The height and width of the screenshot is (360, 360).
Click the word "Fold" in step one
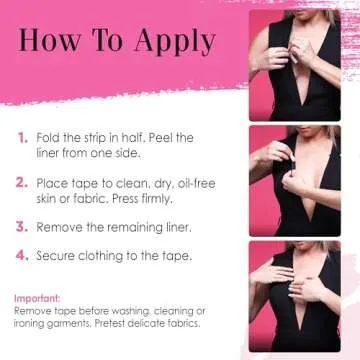coord(50,137)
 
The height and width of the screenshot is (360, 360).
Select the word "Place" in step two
coord(53,183)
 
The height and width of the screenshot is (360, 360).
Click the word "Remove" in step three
coord(60,228)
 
